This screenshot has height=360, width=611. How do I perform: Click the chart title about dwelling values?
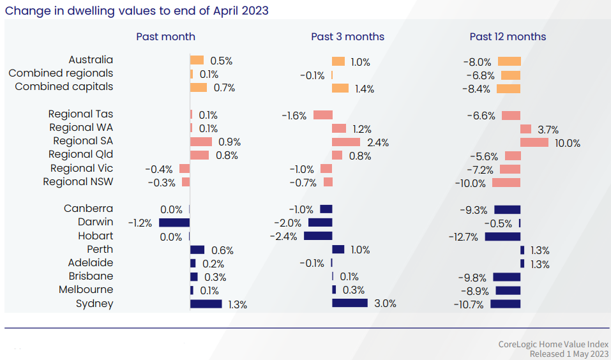point(137,10)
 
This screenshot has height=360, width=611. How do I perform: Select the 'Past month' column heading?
point(165,36)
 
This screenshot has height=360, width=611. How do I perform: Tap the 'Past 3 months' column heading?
point(347,36)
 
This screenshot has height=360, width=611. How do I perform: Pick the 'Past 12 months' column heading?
point(508,36)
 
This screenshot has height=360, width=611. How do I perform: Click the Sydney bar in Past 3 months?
point(350,303)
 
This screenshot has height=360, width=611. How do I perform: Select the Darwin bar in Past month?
point(174,222)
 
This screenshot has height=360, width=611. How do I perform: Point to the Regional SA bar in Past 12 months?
point(534,142)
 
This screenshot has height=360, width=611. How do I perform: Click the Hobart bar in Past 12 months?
point(502,236)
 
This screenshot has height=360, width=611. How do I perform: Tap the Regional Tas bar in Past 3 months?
point(322,115)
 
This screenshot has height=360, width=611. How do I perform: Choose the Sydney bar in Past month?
point(206,304)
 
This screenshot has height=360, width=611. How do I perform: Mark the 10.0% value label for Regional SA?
point(568,144)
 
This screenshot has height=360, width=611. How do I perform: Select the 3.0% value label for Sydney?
point(386,304)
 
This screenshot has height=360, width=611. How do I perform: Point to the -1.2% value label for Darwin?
point(140,223)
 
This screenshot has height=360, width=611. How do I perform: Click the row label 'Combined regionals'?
point(61,73)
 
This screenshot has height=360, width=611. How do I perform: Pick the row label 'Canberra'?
point(88,209)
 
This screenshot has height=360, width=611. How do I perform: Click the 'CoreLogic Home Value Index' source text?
point(553,345)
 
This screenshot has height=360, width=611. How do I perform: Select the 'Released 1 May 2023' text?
point(568,354)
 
